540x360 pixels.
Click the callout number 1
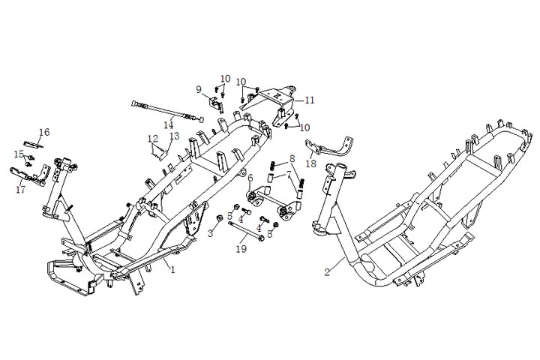coord(173,269)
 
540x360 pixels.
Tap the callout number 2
coord(327,271)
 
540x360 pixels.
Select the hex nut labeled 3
coord(219,218)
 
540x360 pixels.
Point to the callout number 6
coord(250,178)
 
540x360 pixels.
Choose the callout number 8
coord(292,159)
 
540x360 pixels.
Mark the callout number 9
coord(199,89)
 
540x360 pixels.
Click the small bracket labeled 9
coord(216,104)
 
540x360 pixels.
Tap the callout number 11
coord(310,100)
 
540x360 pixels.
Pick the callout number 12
coord(153,139)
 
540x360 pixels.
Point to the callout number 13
coord(175,136)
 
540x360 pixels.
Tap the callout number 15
coord(19,154)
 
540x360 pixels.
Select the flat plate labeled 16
coord(34,144)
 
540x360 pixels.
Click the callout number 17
coord(21,189)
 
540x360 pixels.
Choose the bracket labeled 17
coord(29,175)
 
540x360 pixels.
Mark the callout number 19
coord(241,248)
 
